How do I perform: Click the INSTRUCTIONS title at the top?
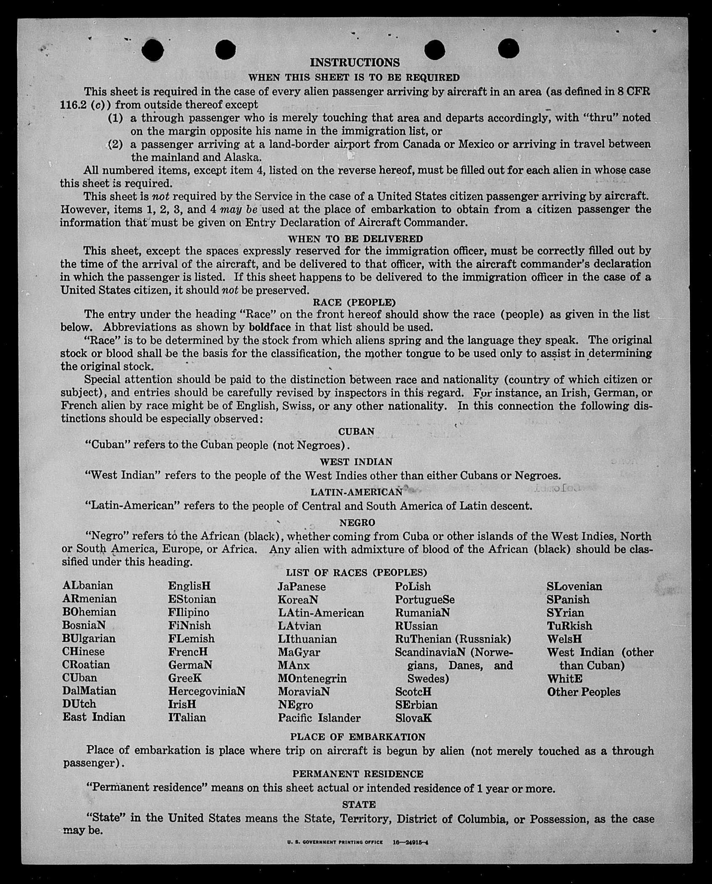355,63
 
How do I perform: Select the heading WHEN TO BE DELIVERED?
355,239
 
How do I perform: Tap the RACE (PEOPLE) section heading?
354,302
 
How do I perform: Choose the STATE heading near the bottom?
359,804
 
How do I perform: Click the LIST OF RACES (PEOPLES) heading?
357,573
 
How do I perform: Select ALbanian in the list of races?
88,586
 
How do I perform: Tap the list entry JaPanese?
301,586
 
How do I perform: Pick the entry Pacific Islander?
319,718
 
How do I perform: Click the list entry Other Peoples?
583,692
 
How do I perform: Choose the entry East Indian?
94,717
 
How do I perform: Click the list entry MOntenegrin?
312,678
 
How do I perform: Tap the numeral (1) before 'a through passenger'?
116,118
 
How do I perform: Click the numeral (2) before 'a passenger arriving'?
116,144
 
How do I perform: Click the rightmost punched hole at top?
508,48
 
